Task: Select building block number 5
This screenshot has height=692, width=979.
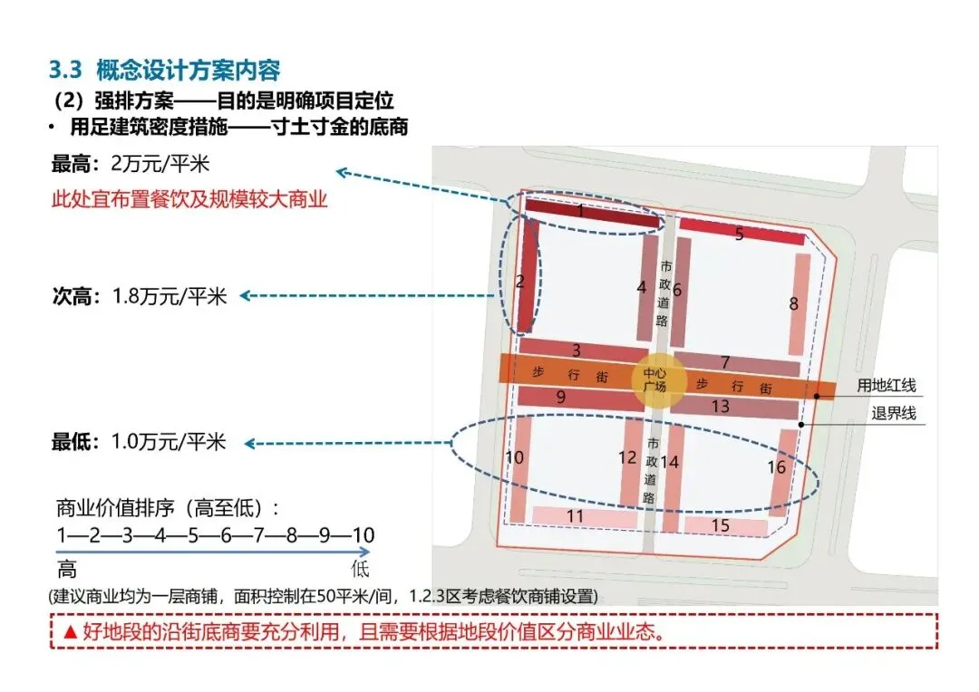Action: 741,232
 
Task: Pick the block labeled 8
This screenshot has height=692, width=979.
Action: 798,303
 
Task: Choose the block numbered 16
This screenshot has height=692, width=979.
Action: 780,468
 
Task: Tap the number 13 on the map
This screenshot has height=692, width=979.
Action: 721,407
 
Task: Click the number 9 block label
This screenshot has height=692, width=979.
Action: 561,397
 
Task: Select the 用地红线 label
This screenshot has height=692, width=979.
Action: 887,386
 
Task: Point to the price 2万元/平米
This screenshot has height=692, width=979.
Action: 164,165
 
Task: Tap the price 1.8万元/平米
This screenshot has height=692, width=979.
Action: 170,295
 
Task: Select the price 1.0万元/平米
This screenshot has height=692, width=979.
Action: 168,442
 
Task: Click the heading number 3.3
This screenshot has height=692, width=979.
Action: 65,70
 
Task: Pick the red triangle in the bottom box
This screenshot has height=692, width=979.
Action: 70,632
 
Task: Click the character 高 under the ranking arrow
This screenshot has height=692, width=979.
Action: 67,569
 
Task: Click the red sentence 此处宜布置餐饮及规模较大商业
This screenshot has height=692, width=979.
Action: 189,199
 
